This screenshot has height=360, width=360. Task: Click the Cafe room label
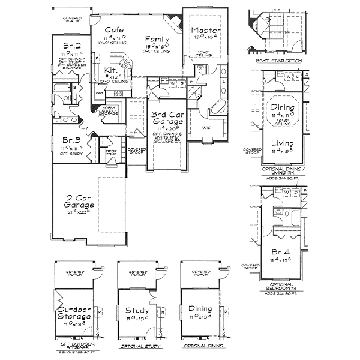click(114, 30)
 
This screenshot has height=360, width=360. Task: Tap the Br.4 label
click(281, 253)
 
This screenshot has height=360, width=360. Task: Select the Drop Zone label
click(110, 152)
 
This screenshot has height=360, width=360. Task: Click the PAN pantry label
click(100, 93)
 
